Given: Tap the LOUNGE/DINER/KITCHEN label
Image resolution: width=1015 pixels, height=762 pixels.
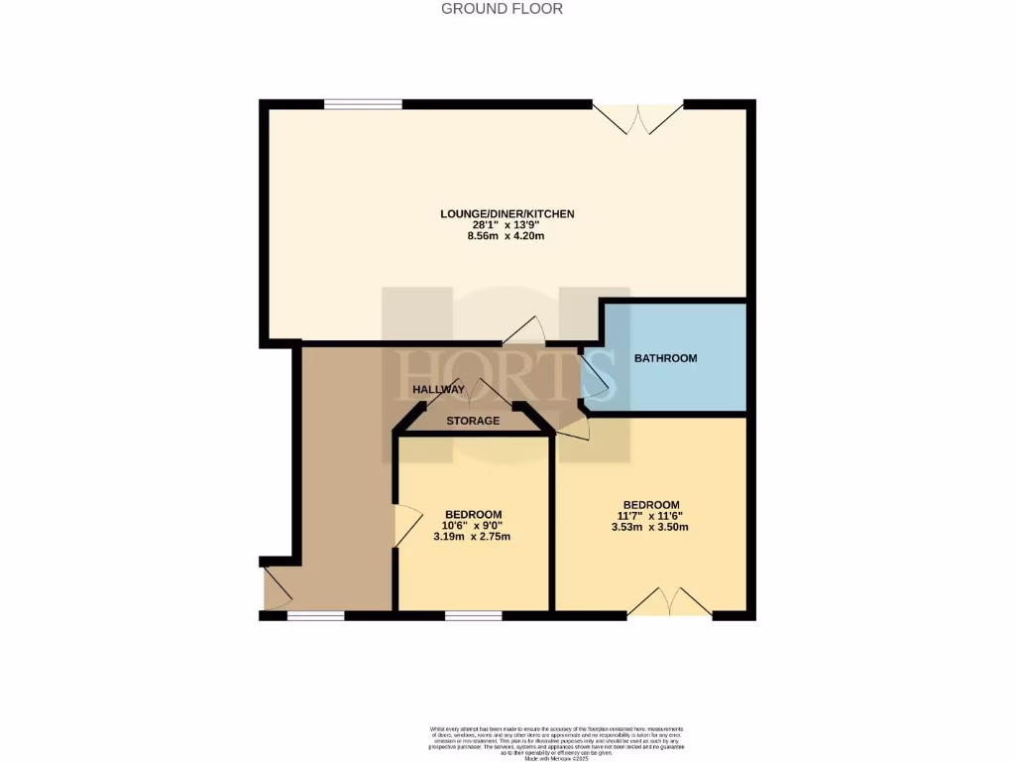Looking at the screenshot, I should click(x=507, y=213).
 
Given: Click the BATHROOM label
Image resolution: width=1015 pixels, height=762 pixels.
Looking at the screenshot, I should click(x=666, y=358).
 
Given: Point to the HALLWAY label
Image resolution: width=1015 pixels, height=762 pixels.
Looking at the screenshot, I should click(x=439, y=390).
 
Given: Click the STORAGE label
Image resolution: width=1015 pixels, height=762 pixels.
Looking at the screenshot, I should click(x=473, y=421).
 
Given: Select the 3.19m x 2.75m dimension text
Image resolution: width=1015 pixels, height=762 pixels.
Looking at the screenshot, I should click(x=472, y=537).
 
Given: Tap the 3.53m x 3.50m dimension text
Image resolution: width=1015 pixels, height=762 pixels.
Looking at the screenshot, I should click(x=650, y=527).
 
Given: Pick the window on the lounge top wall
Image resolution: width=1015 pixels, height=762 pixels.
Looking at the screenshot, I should click(x=363, y=103).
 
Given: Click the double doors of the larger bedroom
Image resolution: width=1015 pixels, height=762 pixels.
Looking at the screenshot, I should click(x=669, y=602).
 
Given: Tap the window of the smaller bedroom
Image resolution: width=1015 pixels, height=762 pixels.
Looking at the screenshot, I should click(x=473, y=615).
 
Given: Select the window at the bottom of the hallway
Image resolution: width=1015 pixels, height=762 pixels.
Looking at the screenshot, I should click(x=315, y=615).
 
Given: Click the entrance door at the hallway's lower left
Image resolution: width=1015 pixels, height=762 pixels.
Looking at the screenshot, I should click(x=277, y=587).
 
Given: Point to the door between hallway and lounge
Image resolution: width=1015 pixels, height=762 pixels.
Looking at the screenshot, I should click(x=524, y=331).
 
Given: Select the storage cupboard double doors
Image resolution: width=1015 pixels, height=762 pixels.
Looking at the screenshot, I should click(x=485, y=394).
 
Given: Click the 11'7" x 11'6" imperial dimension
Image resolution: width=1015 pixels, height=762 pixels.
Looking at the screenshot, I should click(x=650, y=515).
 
